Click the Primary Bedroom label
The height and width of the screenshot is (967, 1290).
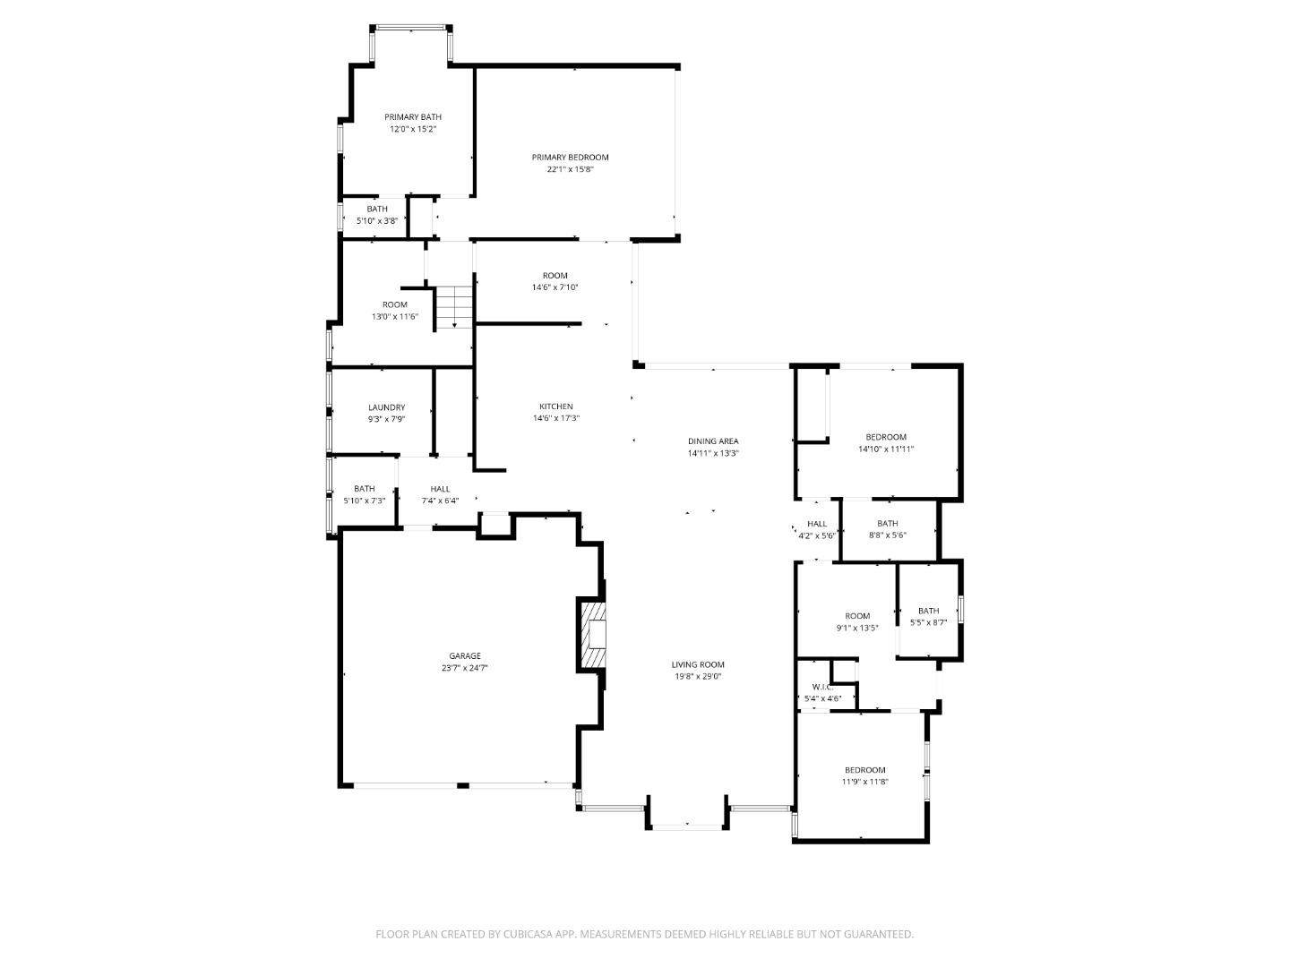coord(570,158)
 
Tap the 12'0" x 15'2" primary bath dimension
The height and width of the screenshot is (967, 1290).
coord(413,129)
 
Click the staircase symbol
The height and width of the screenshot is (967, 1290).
coord(454,307)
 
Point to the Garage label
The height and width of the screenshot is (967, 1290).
coord(465,656)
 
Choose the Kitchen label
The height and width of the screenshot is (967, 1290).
coord(555,406)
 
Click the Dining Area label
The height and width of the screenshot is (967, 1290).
coord(713,441)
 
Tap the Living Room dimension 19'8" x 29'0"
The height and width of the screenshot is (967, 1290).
coord(698,677)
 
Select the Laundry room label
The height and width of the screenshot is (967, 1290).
coord(386,407)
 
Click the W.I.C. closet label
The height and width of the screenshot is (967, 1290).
coord(823,688)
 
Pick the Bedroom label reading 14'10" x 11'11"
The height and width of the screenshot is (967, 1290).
coord(885,437)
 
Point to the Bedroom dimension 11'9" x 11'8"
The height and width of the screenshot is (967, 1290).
coord(864,782)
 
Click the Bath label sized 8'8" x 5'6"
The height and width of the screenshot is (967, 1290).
coord(887,524)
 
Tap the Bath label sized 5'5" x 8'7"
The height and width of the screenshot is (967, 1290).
coord(928,611)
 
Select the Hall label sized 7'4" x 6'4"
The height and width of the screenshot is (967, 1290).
coord(440,489)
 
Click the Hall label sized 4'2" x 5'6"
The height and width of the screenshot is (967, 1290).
coord(816,524)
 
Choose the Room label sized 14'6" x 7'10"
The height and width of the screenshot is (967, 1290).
coord(555,276)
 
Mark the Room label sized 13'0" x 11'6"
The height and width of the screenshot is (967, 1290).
coord(394,304)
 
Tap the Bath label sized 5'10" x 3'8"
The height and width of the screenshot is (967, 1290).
coord(377,209)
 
